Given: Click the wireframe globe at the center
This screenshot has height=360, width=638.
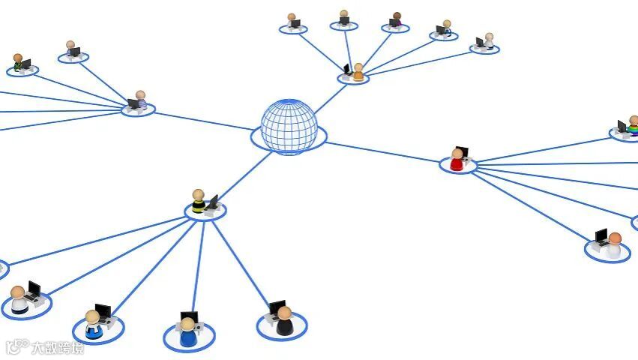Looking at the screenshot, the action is point(289,126).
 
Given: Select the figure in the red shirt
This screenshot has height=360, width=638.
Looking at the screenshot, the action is point(457,160).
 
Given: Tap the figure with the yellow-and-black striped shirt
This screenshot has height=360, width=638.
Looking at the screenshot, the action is point(198,203).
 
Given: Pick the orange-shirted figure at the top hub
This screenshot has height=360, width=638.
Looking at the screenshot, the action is point(358,73).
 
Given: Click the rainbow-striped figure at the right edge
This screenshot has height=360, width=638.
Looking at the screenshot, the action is point(633,127).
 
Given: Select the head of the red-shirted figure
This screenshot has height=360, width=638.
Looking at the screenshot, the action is point(457,153).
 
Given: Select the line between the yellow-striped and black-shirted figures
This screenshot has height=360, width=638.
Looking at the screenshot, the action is point(241,263).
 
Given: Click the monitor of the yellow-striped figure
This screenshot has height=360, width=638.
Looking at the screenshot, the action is point(212,202).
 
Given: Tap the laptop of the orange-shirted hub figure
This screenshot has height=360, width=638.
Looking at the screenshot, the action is point(348,70).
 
